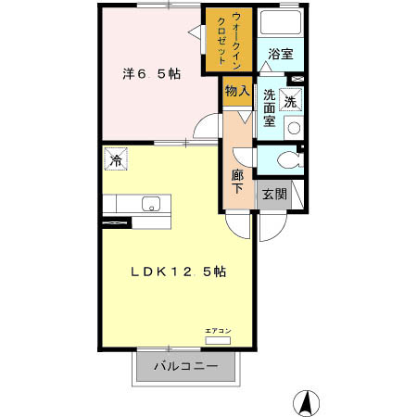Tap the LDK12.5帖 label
click(x=179, y=272)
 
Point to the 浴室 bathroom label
click(x=280, y=55)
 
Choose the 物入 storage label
click(x=236, y=91)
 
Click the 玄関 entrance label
click(x=273, y=194)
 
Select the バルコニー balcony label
click(x=180, y=366)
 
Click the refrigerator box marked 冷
click(x=117, y=160)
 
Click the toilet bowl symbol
click(x=286, y=159)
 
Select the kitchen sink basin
click(x=150, y=204)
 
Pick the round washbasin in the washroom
click(x=294, y=128)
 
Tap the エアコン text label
click(x=218, y=330)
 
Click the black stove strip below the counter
click(x=119, y=222)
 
